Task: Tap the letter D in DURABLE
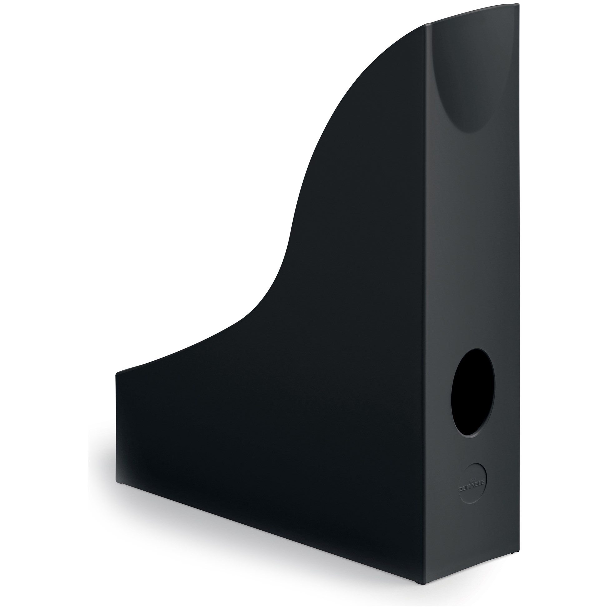tap(461, 490)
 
